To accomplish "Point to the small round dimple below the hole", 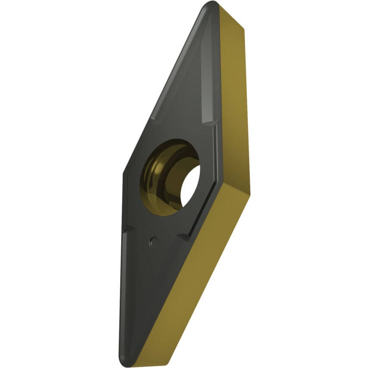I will (151, 241).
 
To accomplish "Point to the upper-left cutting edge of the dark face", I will (164, 86).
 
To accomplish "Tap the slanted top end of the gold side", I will (233, 17).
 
